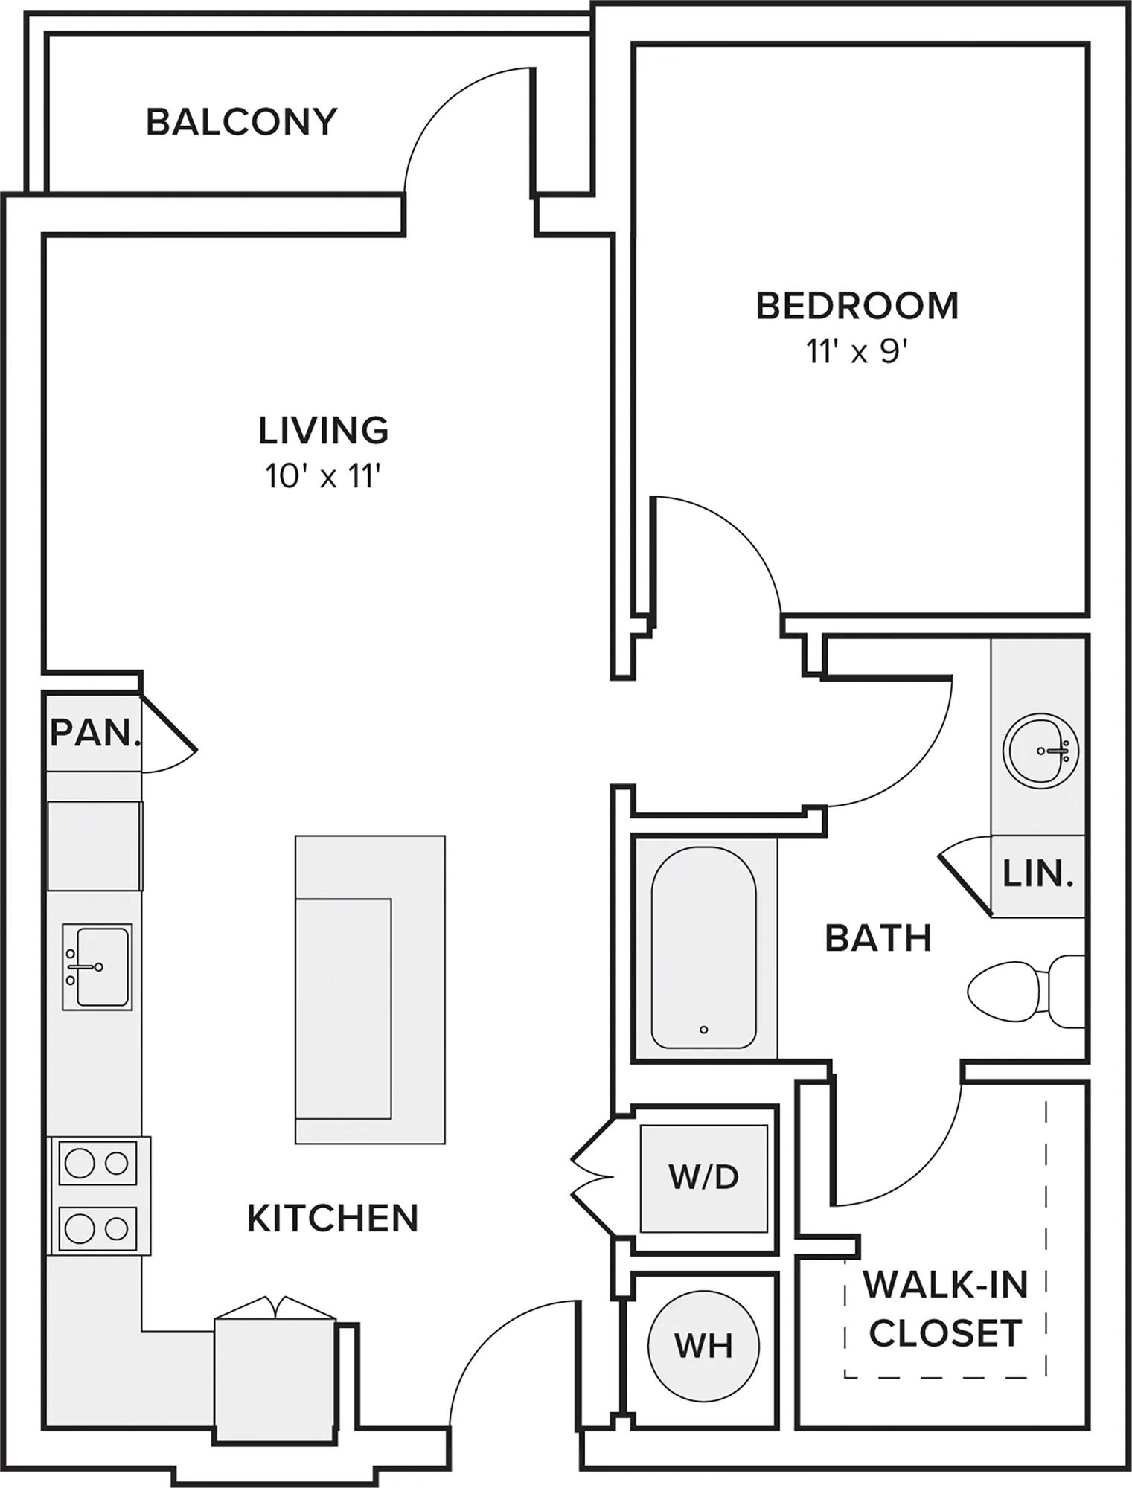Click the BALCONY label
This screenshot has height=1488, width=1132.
click(x=242, y=122)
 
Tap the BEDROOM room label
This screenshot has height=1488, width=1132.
click(x=857, y=306)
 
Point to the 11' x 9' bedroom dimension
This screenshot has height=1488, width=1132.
click(x=857, y=352)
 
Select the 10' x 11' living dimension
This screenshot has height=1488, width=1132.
click(x=324, y=476)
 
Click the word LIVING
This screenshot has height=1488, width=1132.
click(x=324, y=430)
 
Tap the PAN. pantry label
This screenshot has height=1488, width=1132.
click(x=95, y=734)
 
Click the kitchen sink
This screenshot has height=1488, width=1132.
click(x=97, y=966)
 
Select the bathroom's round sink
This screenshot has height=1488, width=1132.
click(x=1040, y=751)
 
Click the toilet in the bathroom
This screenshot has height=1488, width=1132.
click(x=1026, y=991)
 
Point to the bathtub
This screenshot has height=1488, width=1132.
click(x=704, y=949)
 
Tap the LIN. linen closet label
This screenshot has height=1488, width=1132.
click(x=1038, y=874)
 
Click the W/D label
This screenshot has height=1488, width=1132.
click(x=703, y=1176)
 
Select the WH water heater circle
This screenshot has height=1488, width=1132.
click(x=703, y=1345)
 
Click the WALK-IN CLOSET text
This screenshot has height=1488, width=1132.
click(x=945, y=1309)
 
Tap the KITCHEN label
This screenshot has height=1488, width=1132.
click(x=333, y=1218)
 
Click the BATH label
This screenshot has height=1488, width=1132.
click(x=878, y=938)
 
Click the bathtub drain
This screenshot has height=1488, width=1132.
click(x=703, y=1030)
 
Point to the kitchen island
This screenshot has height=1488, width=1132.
click(x=370, y=989)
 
